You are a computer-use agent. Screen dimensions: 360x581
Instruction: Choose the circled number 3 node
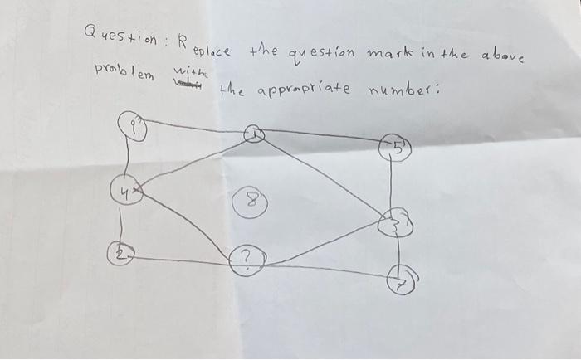tap(395, 221)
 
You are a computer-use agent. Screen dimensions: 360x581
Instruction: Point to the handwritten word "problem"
tap(124, 66)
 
